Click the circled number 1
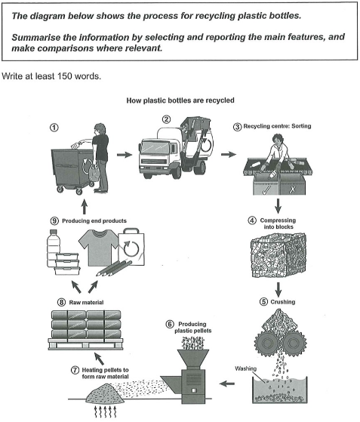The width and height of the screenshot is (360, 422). [x=54, y=128]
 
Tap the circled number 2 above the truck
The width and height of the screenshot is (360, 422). [x=167, y=119]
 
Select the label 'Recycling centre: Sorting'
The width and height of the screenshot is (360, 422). [x=277, y=126]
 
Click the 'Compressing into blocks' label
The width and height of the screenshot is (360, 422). [x=278, y=223]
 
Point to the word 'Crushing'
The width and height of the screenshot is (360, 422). [x=283, y=302]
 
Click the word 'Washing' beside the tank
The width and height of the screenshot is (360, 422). [x=245, y=368]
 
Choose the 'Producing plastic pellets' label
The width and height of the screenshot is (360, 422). [x=192, y=328]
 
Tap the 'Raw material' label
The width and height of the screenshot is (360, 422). [x=86, y=302]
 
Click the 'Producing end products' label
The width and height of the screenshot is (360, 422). [x=94, y=220]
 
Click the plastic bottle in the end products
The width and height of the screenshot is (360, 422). [x=53, y=248]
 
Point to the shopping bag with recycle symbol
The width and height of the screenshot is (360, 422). [x=131, y=247]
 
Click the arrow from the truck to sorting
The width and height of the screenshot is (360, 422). [x=229, y=155]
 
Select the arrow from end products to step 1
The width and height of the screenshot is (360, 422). [x=85, y=206]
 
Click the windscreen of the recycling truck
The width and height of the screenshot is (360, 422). [x=155, y=147]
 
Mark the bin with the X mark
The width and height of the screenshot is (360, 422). [x=292, y=184]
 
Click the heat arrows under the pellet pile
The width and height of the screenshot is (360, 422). [x=105, y=411]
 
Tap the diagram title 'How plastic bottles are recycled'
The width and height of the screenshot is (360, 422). [x=180, y=100]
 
